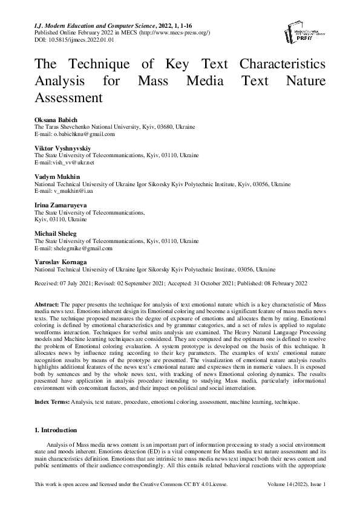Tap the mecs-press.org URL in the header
pyautogui.click(x=169, y=33)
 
